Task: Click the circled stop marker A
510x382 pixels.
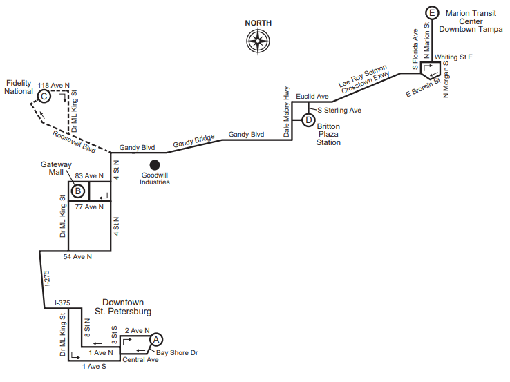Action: pyautogui.click(x=156, y=340)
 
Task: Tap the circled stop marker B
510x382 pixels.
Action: pyautogui.click(x=78, y=191)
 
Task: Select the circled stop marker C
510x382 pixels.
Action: pyautogui.click(x=44, y=96)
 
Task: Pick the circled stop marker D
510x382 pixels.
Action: pyautogui.click(x=308, y=120)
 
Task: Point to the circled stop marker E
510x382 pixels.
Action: pyautogui.click(x=432, y=13)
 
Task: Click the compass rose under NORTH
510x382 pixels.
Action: pyautogui.click(x=258, y=41)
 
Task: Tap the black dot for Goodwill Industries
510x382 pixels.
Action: pyautogui.click(x=155, y=165)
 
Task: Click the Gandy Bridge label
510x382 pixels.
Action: pyautogui.click(x=194, y=141)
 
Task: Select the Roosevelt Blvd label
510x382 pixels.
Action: pyautogui.click(x=74, y=142)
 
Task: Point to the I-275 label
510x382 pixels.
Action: pyautogui.click(x=47, y=278)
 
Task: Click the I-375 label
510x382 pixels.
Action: pyautogui.click(x=62, y=303)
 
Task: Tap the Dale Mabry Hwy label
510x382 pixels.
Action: pyautogui.click(x=286, y=111)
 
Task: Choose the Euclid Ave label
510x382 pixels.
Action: pyautogui.click(x=312, y=97)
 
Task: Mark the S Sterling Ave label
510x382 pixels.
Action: pyautogui.click(x=339, y=111)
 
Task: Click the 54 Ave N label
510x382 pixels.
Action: pyautogui.click(x=77, y=257)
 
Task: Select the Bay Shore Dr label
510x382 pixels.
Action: pyautogui.click(x=177, y=353)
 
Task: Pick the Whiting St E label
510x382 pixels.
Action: pyautogui.click(x=453, y=57)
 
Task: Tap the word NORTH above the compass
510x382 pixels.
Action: pyautogui.click(x=258, y=23)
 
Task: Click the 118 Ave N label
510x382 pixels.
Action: pyautogui.click(x=54, y=86)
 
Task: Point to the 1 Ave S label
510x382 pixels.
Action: pyautogui.click(x=94, y=367)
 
